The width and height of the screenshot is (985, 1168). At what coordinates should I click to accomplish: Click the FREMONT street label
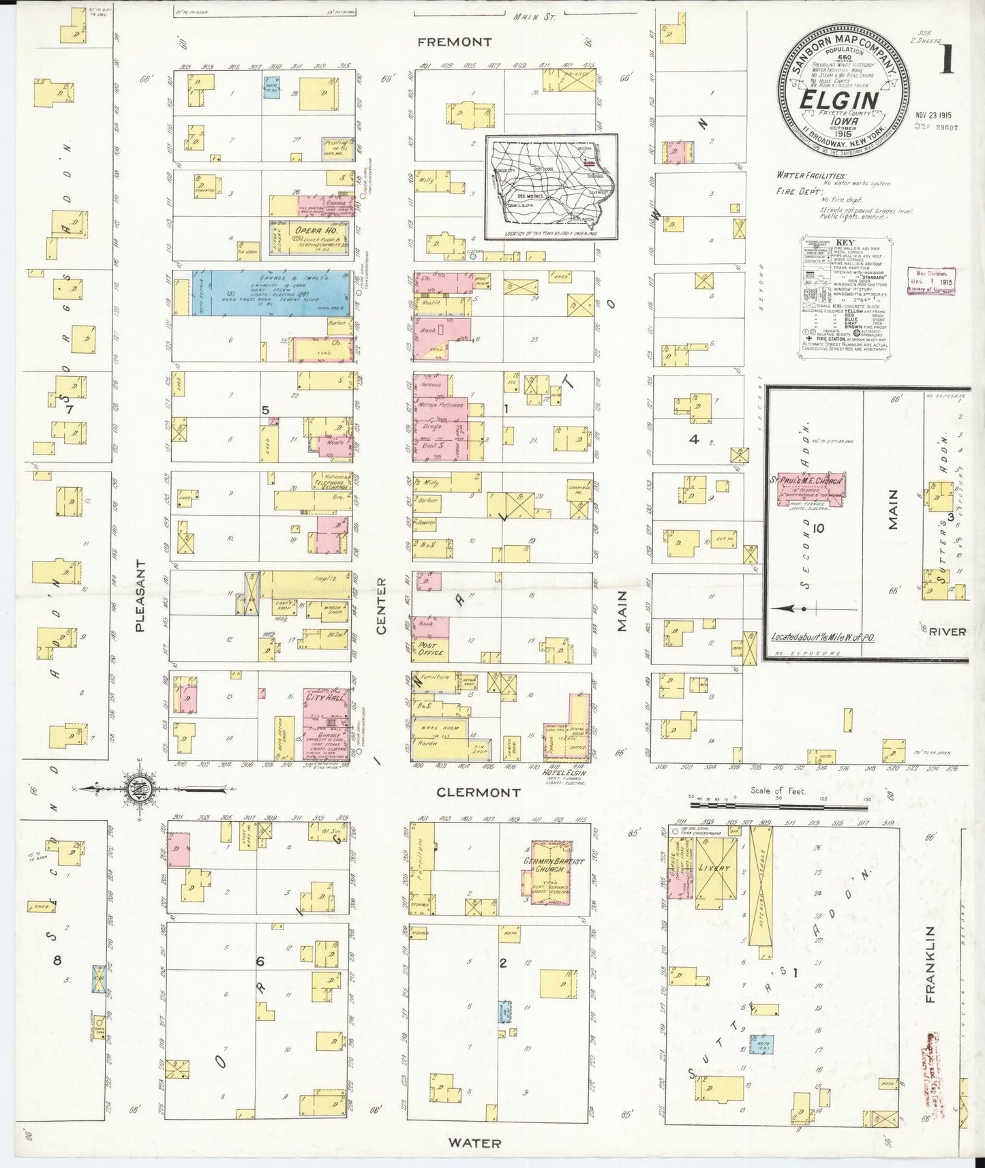click(x=454, y=42)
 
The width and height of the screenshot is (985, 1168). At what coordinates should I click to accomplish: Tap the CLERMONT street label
click(x=479, y=793)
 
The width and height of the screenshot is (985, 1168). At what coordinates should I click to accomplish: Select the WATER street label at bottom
click(x=475, y=1143)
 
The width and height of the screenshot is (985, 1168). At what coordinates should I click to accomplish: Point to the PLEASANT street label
click(x=140, y=596)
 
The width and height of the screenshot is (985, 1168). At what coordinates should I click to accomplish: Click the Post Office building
click(x=430, y=649)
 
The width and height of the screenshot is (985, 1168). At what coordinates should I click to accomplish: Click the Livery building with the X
click(x=714, y=867)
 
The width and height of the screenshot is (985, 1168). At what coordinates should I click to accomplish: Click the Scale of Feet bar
click(x=778, y=805)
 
